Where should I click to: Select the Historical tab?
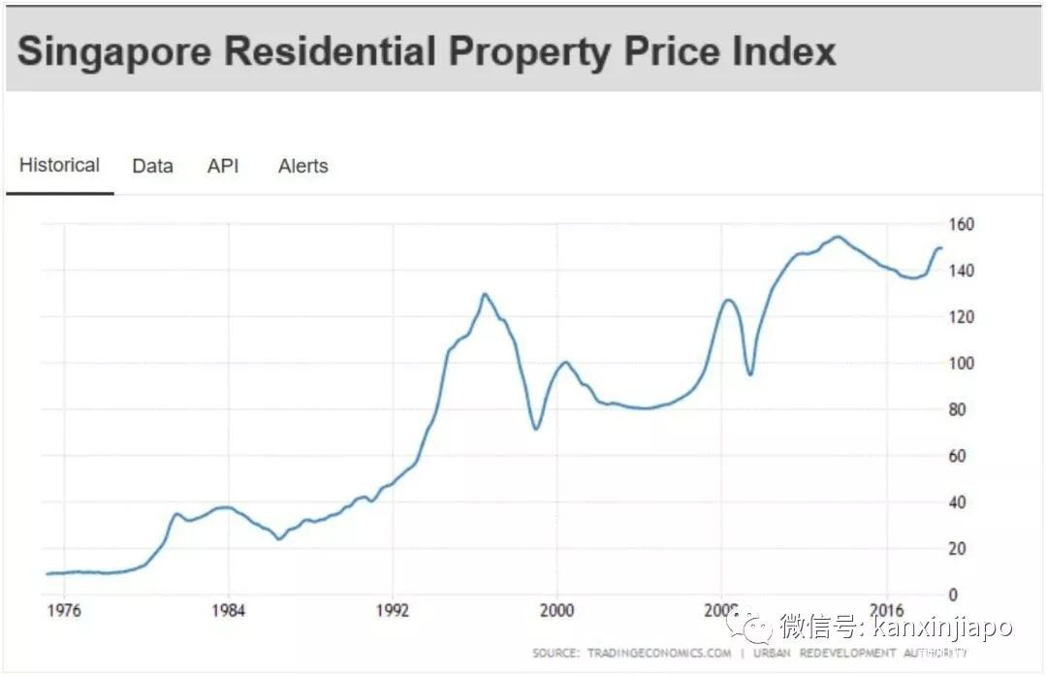[59, 165]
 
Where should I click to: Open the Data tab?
[152, 166]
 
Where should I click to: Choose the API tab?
[223, 166]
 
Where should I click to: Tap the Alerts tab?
[303, 166]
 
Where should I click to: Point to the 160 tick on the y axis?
[961, 225]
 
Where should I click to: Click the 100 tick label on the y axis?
[961, 364]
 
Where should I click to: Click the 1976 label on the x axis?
[63, 611]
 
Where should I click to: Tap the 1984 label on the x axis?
[228, 611]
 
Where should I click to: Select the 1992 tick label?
[393, 611]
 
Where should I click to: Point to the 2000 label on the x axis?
[557, 611]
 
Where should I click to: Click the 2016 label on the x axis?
[887, 611]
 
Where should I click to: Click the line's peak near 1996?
[485, 294]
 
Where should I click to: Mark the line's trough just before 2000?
[536, 428]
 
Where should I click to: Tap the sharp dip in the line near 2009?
[749, 374]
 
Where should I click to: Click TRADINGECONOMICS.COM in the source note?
[659, 654]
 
